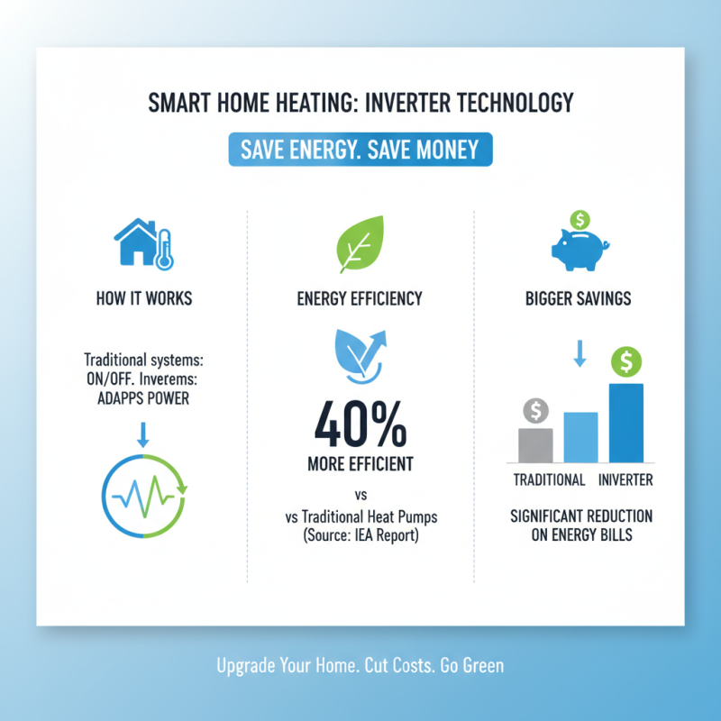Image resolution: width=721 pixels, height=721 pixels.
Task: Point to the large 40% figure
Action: point(360,424)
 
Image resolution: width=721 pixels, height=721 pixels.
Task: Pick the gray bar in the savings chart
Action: point(535,445)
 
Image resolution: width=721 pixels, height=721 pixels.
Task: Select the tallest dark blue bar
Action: point(626,424)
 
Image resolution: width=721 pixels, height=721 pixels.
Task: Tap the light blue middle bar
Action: point(580,437)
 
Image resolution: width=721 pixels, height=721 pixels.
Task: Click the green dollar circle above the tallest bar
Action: point(625,362)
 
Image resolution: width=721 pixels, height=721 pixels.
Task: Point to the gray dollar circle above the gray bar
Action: point(535,411)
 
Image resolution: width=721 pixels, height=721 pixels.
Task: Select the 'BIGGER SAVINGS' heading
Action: point(579,299)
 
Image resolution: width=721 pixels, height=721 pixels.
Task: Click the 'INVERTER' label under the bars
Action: point(626,479)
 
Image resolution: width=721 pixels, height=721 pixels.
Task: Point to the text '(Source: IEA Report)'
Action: point(360,537)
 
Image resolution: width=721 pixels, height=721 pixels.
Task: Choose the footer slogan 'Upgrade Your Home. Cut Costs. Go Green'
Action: point(360,666)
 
